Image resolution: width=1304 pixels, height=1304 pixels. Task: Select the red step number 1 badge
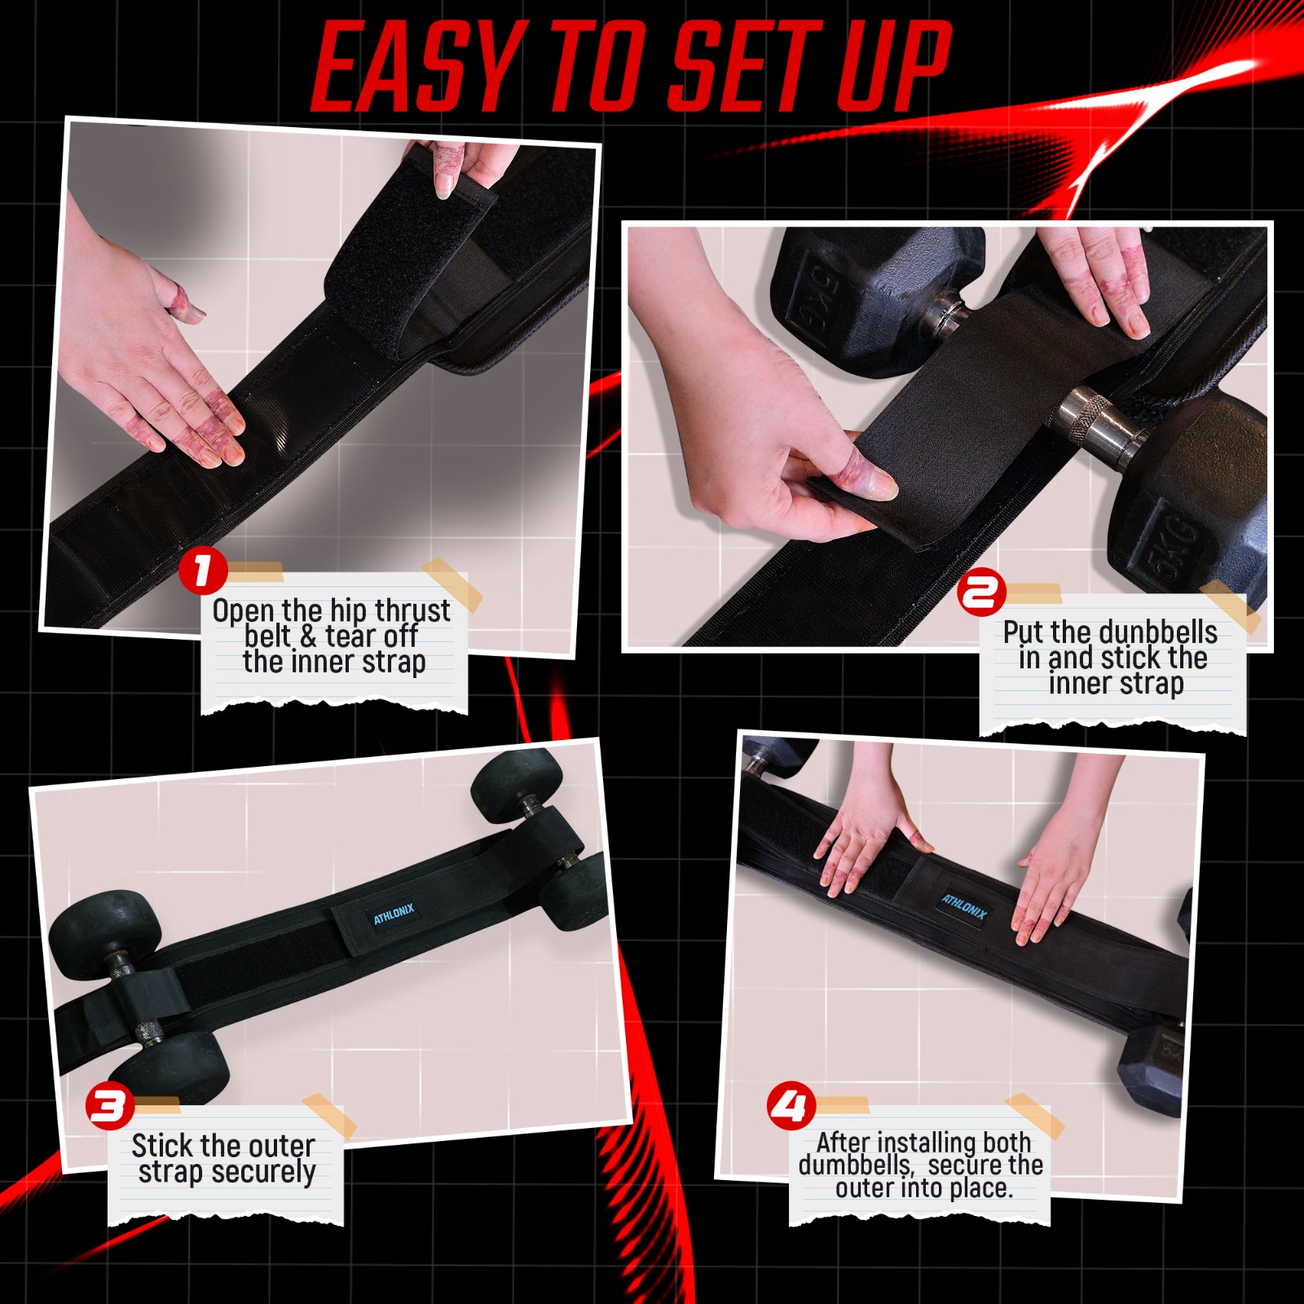202,571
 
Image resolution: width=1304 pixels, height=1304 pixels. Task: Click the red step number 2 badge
980,593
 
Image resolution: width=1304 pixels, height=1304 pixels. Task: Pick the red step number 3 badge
110,1106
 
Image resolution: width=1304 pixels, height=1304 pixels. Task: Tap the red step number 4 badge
791,1106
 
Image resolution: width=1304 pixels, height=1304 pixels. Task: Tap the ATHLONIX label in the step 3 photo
394,914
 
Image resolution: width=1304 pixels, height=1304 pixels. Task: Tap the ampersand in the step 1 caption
307,636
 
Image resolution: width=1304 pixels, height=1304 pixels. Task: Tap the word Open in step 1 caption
243,611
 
